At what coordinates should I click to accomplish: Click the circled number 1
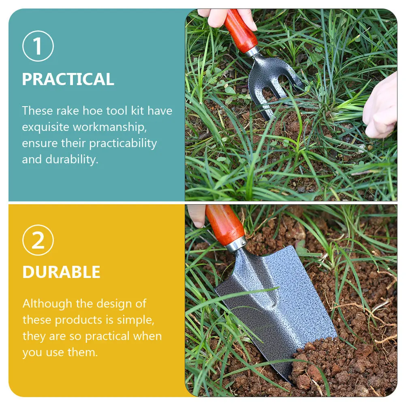coord(38,46)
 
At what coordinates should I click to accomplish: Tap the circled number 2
coord(38,240)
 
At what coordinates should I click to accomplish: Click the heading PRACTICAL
coord(68,79)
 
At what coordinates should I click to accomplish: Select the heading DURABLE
coord(61,272)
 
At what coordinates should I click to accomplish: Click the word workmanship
coord(109,127)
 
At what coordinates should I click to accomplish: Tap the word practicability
coord(123,143)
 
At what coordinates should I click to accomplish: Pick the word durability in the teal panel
coord(72,160)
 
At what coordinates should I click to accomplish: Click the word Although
coord(47,304)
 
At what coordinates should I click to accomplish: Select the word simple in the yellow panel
coord(136,320)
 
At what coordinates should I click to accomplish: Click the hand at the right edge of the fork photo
coord(380,107)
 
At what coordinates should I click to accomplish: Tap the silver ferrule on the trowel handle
coord(236,244)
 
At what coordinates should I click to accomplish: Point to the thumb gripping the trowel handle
coord(197,216)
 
